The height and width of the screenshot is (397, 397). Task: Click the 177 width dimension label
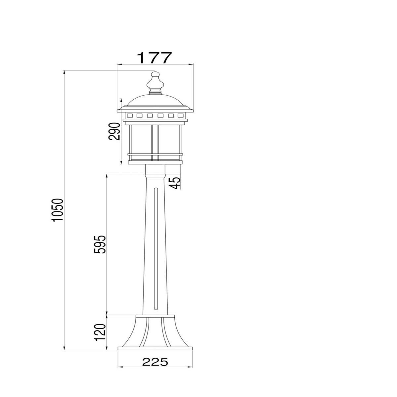pyautogui.click(x=154, y=58)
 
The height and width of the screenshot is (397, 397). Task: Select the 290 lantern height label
pyautogui.click(x=114, y=131)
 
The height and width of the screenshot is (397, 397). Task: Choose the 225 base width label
pyautogui.click(x=155, y=362)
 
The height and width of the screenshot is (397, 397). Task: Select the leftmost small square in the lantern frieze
pyautogui.click(x=130, y=116)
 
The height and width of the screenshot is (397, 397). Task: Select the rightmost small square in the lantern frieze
pyautogui.click(x=180, y=116)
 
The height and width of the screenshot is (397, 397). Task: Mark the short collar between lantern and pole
pyautogui.click(x=155, y=170)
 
